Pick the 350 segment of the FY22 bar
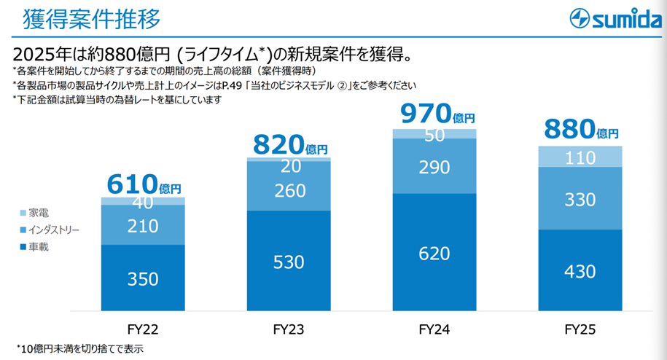(143, 277)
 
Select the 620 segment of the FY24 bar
(434, 254)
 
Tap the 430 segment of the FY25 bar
(580, 270)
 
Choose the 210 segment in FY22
(143, 225)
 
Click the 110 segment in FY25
(580, 157)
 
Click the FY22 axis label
(143, 330)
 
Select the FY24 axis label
(434, 330)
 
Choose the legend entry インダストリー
(52, 230)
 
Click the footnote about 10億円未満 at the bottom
(80, 348)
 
